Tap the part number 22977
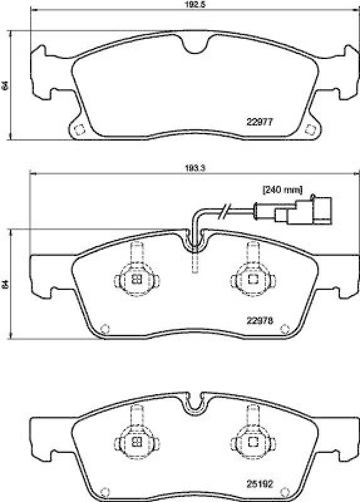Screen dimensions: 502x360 coord(260,122)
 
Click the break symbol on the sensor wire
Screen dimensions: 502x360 coord(226,211)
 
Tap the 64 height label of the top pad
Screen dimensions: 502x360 coord(5,85)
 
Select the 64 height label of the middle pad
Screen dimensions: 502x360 coord(5,284)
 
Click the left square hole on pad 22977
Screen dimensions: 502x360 coord(80,129)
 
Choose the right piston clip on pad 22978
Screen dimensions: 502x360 coord(253,279)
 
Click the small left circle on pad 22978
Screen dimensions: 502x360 coord(105,327)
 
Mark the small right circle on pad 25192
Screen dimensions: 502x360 coord(283,491)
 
